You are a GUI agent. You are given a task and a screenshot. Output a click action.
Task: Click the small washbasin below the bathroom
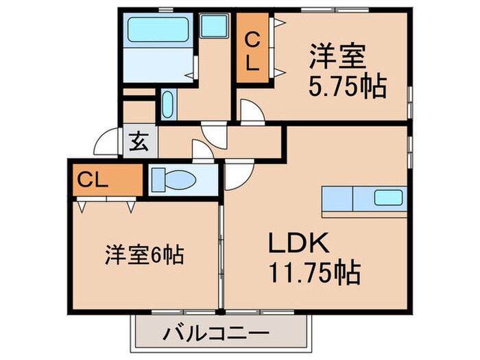168,106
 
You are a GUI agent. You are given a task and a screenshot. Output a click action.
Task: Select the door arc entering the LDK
239,175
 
